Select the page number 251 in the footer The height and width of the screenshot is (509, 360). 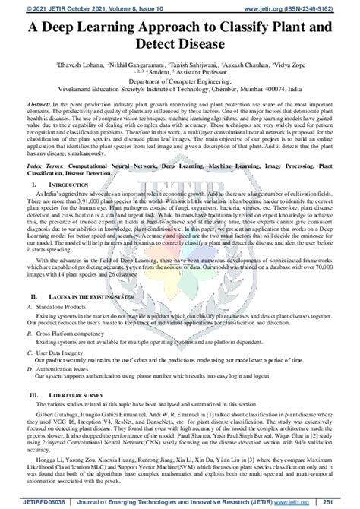pos(346,501)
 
